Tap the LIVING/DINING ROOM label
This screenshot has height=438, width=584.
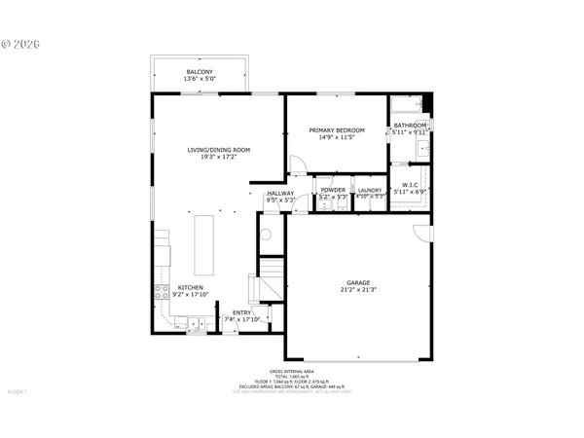pyautogui.click(x=219, y=149)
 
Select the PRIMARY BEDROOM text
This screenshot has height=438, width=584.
pyautogui.click(x=337, y=130)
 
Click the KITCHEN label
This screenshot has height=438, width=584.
pyautogui.click(x=190, y=288)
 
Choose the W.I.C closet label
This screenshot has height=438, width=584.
pyautogui.click(x=410, y=184)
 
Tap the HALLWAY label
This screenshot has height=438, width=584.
pyautogui.click(x=279, y=193)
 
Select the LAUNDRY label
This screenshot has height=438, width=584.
pyautogui.click(x=369, y=190)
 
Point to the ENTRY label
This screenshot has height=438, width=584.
pyautogui.click(x=241, y=312)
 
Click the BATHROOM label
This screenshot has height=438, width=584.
pyautogui.click(x=410, y=126)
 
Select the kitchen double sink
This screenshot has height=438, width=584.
pyautogui.click(x=196, y=325)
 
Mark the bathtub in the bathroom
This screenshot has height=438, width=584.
pyautogui.click(x=409, y=105)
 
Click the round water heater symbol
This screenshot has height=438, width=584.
pyautogui.click(x=266, y=234)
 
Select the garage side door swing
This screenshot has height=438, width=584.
pyautogui.click(x=420, y=235)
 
